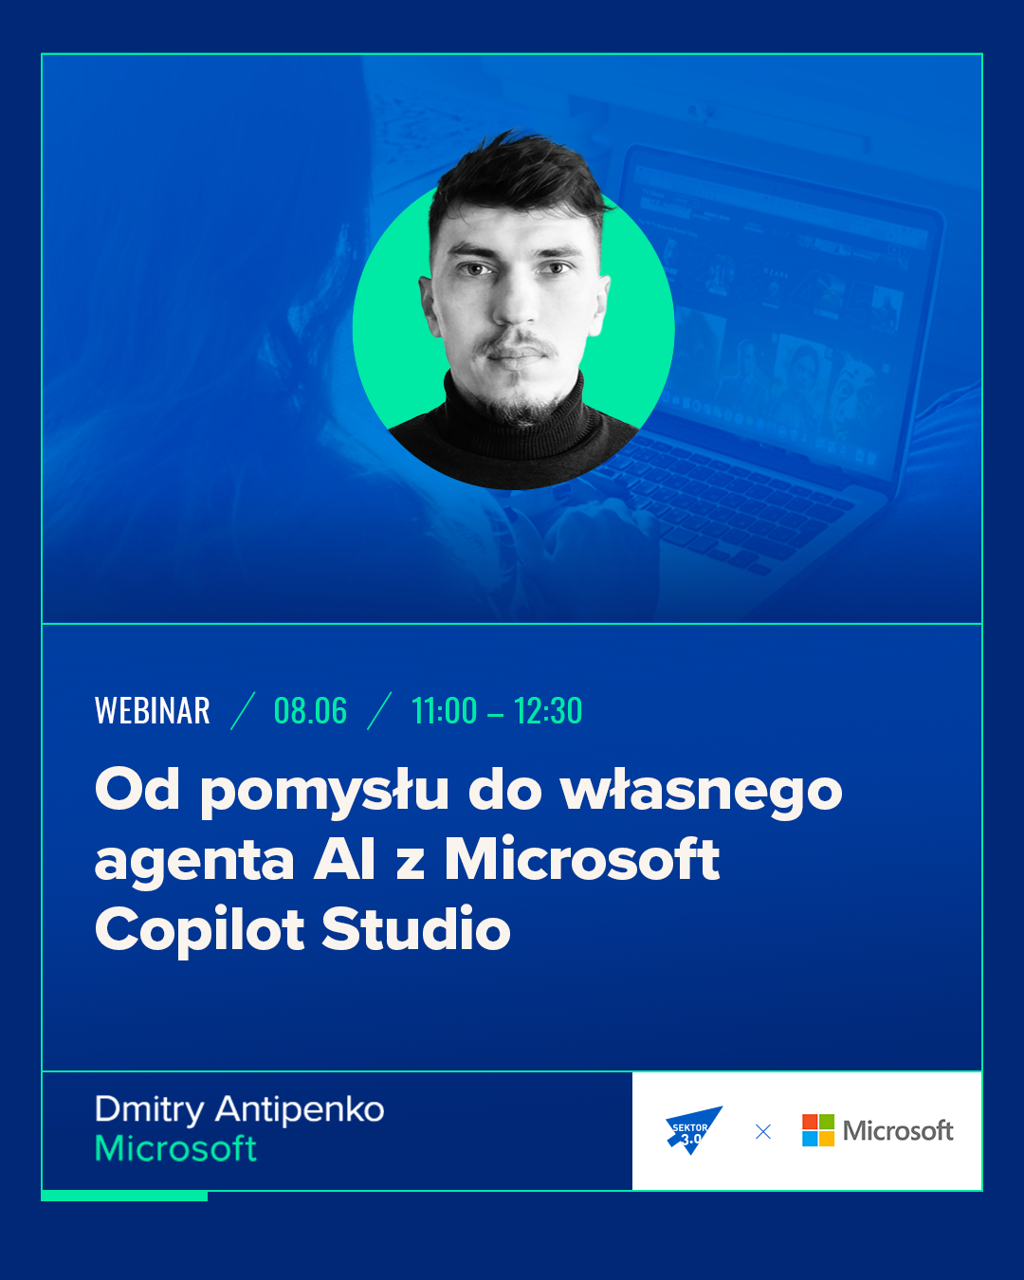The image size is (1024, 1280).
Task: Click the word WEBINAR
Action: [153, 710]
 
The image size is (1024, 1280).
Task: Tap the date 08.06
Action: [310, 710]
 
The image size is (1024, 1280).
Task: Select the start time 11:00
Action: [445, 710]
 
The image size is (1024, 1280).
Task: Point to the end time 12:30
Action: [547, 710]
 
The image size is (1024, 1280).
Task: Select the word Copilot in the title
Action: [199, 931]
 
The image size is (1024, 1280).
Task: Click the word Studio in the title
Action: [416, 928]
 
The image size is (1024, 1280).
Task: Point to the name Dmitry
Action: [150, 1110]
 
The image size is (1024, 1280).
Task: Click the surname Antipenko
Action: [300, 1110]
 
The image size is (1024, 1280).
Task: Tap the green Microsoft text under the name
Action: [175, 1148]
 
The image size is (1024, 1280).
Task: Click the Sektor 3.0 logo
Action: [693, 1130]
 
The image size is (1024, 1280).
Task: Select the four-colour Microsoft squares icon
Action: [818, 1130]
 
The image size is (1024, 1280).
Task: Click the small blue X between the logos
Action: [763, 1131]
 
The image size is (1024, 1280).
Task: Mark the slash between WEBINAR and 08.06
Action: [243, 710]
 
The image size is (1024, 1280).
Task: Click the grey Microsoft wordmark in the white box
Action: [898, 1131]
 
